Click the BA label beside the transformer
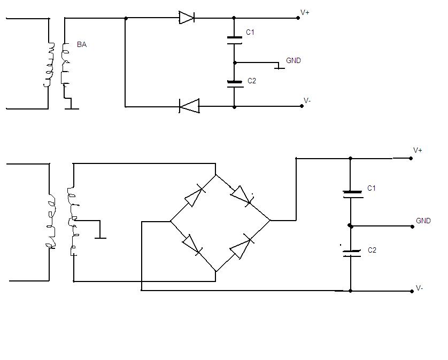pyautogui.click(x=82, y=44)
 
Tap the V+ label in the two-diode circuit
pyautogui.click(x=305, y=12)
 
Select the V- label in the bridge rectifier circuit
pyautogui.click(x=420, y=288)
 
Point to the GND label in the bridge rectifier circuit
pyautogui.click(x=423, y=221)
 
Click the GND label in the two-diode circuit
pyautogui.click(x=293, y=60)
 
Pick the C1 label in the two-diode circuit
pyautogui.click(x=250, y=32)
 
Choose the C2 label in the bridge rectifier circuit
pyautogui.click(x=372, y=250)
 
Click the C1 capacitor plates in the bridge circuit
pyautogui.click(x=353, y=194)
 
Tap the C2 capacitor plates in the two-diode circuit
pyautogui.click(x=235, y=84)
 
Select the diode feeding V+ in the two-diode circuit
pyautogui.click(x=187, y=18)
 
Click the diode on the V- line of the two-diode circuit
pyautogui.click(x=189, y=106)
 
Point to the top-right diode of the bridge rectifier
pyautogui.click(x=242, y=195)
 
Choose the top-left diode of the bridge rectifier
pyautogui.click(x=195, y=196)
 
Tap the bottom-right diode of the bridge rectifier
pyautogui.click(x=241, y=246)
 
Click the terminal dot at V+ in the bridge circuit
pyautogui.click(x=411, y=158)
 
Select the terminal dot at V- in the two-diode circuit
pyautogui.click(x=302, y=106)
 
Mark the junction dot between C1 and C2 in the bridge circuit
pyautogui.click(x=350, y=226)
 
